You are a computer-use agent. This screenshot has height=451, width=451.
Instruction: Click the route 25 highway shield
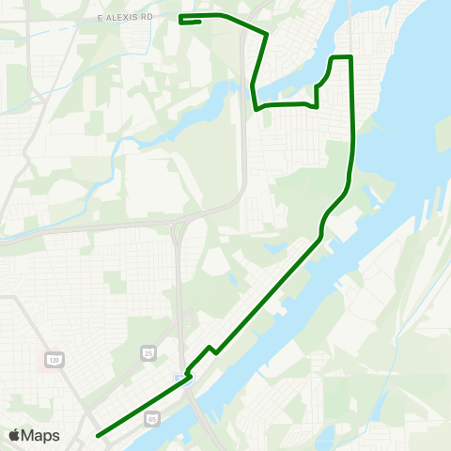(x=148, y=352)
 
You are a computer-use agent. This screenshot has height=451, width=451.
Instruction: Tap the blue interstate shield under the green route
(x=185, y=379)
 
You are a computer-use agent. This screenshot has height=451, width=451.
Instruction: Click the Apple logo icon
(x=14, y=436)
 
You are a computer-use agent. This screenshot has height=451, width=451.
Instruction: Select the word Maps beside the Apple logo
(x=40, y=436)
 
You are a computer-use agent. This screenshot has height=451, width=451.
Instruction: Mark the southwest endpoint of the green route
(x=98, y=435)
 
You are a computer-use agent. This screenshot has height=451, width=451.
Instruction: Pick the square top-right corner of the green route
(x=350, y=57)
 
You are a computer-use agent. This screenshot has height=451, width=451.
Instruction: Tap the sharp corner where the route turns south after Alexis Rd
(x=268, y=35)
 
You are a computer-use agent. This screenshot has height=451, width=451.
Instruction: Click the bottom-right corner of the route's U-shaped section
(x=318, y=106)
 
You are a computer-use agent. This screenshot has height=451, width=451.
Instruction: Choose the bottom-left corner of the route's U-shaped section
(x=257, y=108)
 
